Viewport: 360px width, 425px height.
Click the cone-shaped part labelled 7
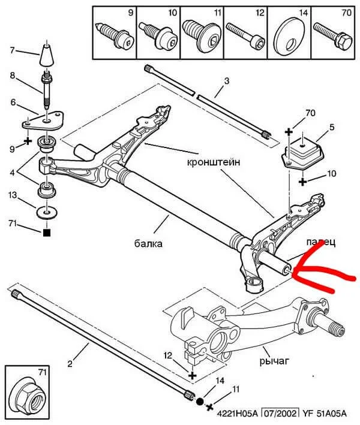[x=46, y=55]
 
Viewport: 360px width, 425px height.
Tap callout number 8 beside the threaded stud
[x=13, y=76]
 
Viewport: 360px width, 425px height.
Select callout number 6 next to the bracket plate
[x=13, y=103]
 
